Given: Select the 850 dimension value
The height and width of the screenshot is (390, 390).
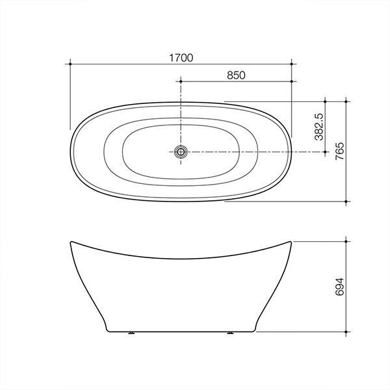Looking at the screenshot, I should click(x=236, y=75).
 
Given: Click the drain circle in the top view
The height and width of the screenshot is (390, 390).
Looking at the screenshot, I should click(x=181, y=151).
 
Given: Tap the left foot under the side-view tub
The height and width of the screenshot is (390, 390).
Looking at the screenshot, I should click(x=133, y=333).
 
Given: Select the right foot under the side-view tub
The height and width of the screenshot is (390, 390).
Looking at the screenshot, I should click(x=229, y=333).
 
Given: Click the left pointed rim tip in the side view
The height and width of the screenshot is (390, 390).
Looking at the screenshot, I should click(x=70, y=242).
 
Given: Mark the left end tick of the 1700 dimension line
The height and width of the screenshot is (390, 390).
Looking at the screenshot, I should click(x=70, y=64).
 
